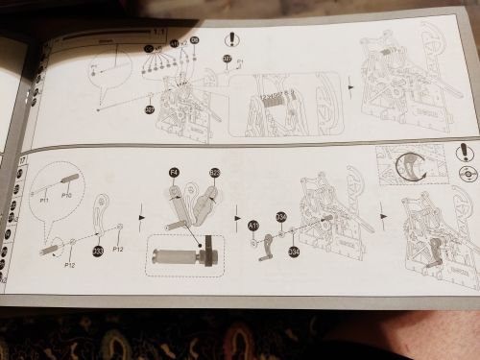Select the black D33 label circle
98,251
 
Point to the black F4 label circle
174,172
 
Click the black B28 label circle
215,173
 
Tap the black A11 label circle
253,225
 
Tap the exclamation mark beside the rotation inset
466,156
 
